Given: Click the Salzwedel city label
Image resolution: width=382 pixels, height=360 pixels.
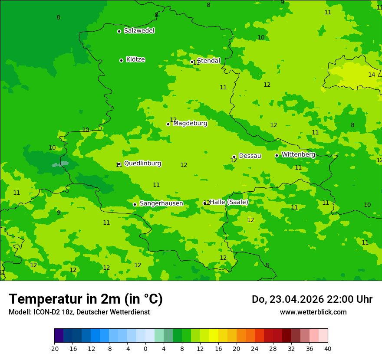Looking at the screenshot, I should (139, 31).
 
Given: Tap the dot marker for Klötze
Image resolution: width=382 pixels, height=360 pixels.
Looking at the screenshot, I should (121, 60).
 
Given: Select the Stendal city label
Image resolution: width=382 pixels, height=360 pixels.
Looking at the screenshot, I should (209, 61).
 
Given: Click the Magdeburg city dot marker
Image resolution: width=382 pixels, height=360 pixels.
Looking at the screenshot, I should (168, 124).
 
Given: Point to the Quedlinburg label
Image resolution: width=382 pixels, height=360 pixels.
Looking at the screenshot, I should (142, 164).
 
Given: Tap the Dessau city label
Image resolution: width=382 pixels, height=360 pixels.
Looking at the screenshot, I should (250, 156).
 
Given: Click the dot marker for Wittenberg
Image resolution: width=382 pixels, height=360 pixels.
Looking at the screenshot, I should (277, 155).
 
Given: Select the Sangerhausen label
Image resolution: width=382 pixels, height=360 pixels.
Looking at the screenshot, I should (161, 203).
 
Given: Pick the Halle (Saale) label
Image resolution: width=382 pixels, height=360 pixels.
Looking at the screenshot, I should (229, 202).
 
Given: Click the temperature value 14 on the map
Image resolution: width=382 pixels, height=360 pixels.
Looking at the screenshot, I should (372, 75).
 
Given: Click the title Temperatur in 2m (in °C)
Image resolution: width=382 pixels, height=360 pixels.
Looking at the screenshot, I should (86, 299).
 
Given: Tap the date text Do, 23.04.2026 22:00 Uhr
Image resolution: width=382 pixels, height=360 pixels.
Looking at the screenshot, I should (312, 299).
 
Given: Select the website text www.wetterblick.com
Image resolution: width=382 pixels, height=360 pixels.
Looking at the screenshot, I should (313, 312).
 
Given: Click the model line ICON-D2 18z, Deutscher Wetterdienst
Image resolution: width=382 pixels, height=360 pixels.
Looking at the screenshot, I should (79, 312).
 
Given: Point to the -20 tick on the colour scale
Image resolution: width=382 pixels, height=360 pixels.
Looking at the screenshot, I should (54, 349).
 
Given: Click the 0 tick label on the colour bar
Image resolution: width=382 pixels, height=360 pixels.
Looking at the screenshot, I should (145, 349).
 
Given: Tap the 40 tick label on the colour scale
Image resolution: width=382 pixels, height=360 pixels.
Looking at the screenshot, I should (328, 349).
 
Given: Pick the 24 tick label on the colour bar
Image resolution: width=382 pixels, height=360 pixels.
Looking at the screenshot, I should (255, 349).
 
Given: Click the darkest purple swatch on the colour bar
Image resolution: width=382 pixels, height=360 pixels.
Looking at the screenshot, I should (59, 336).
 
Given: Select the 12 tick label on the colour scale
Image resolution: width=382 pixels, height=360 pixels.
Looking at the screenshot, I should (200, 349).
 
